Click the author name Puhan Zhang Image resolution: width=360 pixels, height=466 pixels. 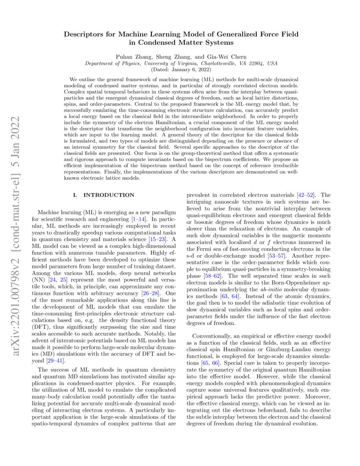[x=130, y=56]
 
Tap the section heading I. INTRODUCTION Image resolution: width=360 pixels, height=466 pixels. [x=104, y=195]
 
